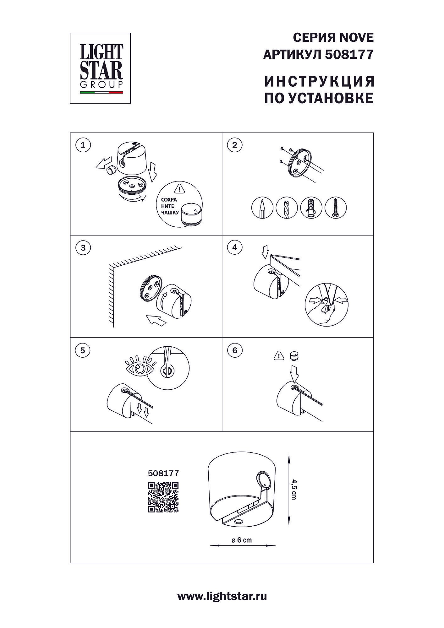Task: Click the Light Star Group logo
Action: pyautogui.click(x=100, y=68)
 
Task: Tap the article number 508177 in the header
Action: pyautogui.click(x=349, y=55)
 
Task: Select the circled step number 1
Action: pyautogui.click(x=83, y=145)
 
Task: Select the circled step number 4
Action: pyautogui.click(x=235, y=247)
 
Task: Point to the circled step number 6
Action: pyautogui.click(x=235, y=350)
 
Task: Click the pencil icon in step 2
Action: pyautogui.click(x=263, y=208)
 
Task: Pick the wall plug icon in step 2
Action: pyautogui.click(x=311, y=208)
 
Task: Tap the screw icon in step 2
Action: pyautogui.click(x=335, y=208)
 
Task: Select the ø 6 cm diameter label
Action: pyautogui.click(x=242, y=540)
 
